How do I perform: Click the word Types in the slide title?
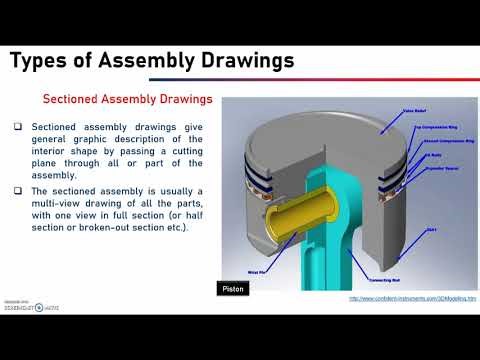coord(41,61)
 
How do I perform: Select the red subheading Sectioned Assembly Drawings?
coord(127,100)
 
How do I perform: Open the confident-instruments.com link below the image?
coord(412,298)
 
